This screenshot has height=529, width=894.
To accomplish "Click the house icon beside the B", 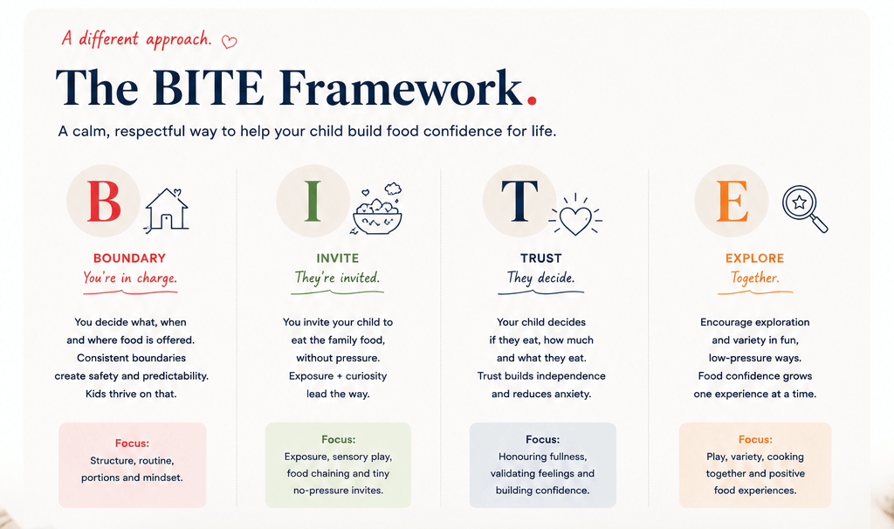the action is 166,210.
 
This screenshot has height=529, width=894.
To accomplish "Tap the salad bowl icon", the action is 377,210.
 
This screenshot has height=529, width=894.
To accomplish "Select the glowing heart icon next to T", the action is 575,215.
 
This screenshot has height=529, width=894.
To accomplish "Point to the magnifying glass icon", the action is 804,209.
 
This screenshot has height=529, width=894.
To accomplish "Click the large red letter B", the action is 104,202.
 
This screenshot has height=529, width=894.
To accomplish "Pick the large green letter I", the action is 313,202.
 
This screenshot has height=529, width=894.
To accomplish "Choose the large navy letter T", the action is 519,202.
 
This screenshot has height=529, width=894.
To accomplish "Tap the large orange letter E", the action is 732,202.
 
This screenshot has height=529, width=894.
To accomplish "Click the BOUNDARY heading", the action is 129,258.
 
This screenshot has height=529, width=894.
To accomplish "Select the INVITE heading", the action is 338,258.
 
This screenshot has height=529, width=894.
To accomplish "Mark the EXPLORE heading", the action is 755,258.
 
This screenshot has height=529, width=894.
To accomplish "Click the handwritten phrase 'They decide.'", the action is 540,278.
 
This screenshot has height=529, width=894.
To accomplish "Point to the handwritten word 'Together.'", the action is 755,278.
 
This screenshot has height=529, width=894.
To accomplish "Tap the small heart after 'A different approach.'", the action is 230,42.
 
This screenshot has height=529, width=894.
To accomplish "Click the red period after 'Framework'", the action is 532,101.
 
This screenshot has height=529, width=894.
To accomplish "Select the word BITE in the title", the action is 208,88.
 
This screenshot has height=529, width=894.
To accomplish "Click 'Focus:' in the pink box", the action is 133,443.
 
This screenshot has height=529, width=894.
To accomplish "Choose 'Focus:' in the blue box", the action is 543,439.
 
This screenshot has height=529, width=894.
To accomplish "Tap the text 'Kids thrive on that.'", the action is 131,394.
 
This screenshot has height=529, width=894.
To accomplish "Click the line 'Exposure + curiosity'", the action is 338,376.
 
